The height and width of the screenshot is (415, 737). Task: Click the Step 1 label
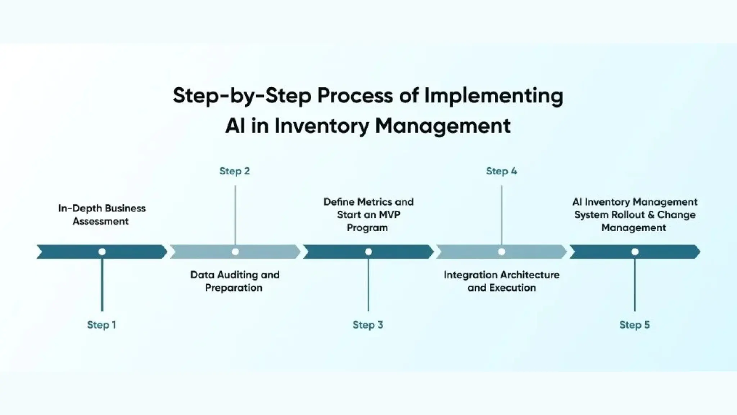101,325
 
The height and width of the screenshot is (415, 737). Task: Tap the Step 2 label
235,171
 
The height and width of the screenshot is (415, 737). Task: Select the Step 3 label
368,325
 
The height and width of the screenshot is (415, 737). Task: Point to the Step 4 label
501,171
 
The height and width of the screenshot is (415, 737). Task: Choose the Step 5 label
634,325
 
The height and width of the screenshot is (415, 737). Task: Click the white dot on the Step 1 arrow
102,252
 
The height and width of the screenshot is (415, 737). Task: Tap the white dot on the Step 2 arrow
235,252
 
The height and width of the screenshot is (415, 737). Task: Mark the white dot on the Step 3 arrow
368,252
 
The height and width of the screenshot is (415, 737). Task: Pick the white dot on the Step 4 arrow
502,252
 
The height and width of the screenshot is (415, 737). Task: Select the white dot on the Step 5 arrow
635,252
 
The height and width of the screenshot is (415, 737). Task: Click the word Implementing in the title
494,96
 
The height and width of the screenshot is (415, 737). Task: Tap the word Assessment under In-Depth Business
101,221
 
